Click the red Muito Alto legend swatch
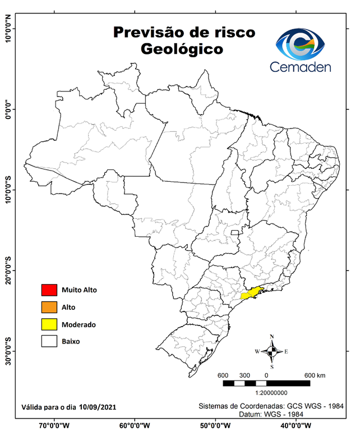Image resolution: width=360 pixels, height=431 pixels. coord(49,290)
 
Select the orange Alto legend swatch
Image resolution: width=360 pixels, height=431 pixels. coord(49,307)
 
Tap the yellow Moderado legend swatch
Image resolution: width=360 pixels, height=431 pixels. coord(49,324)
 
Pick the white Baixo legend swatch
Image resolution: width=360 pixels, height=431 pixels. coord(49,341)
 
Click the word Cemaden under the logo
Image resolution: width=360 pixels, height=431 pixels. coord(301,67)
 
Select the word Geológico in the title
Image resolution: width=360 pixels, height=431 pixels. coord(182,49)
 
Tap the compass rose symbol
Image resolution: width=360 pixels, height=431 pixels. coord(271,352)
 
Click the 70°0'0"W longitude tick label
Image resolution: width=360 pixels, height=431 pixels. coord(54,425)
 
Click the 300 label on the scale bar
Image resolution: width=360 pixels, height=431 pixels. coord(244,375)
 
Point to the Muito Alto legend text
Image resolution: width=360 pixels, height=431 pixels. coord(80,290)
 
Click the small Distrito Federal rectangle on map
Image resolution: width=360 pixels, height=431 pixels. coord(234,231)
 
